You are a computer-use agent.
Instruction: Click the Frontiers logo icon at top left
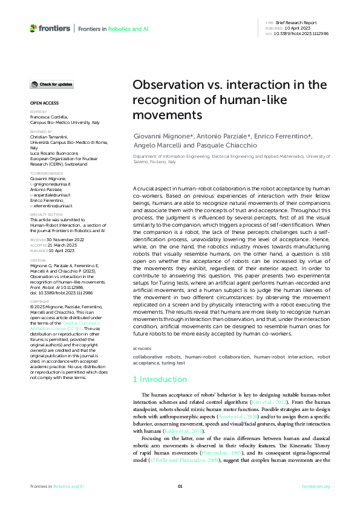(33, 28)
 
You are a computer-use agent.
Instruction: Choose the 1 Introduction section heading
(160, 379)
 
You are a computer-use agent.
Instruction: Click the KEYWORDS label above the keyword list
(143, 349)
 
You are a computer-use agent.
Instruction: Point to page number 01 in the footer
(180, 486)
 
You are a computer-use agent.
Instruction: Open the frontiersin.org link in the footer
(316, 486)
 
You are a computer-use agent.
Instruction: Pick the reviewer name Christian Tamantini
(50, 138)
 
